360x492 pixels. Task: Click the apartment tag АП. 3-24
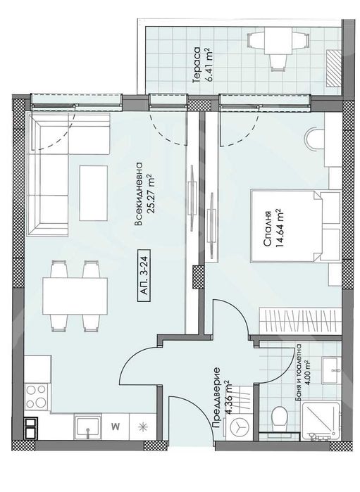click(x=144, y=276)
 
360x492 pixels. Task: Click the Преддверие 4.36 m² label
click(x=222, y=398)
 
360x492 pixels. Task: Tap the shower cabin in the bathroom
click(x=321, y=421)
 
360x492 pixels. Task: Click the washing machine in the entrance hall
click(x=240, y=427)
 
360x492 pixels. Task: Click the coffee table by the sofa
click(x=93, y=194)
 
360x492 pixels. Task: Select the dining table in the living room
click(x=75, y=296)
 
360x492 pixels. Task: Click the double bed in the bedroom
click(x=296, y=226)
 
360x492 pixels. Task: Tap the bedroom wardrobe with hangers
click(x=301, y=321)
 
